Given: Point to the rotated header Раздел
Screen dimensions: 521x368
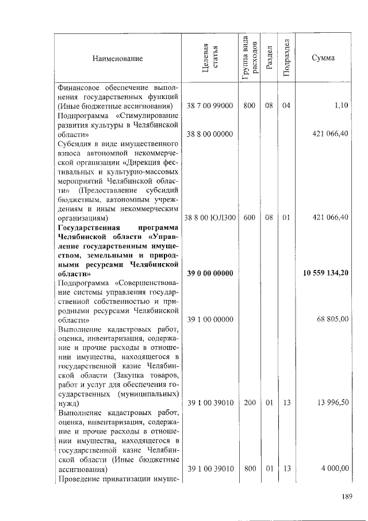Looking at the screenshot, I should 269,59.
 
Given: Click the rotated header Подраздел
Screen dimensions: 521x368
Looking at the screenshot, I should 287,59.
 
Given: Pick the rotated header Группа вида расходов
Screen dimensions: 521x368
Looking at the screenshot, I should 249,59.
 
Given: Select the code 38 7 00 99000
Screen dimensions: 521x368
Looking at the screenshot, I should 210,107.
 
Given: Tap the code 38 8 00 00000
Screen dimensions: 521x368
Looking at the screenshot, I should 210,134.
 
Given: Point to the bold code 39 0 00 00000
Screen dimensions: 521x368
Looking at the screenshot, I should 210,273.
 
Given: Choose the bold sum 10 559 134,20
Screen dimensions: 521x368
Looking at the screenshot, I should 326,273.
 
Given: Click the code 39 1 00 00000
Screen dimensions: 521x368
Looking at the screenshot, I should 210,319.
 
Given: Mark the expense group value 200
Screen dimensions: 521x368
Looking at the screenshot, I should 249,403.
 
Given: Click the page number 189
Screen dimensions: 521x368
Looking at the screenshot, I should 345,497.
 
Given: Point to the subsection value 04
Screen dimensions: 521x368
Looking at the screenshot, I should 286,107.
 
